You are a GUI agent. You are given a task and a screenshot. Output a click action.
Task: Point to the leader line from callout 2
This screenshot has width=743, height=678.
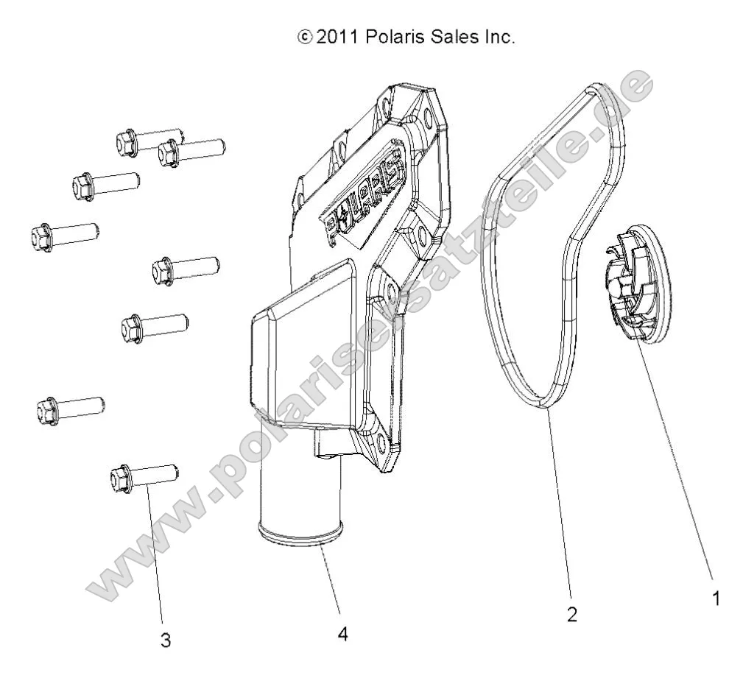pos(560,508)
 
